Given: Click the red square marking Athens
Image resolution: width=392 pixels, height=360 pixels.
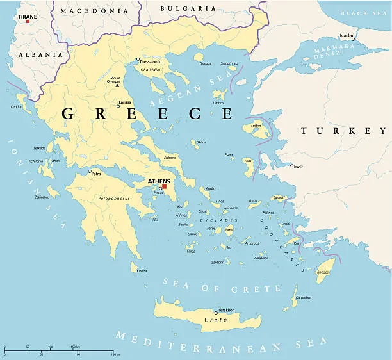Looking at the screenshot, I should (x=163, y=186).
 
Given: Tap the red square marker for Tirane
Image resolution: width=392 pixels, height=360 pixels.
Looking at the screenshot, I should (x=28, y=21).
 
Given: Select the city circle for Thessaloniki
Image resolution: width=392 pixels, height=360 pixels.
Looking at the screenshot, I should (x=137, y=61).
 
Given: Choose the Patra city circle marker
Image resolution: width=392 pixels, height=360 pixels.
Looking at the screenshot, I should (x=90, y=172).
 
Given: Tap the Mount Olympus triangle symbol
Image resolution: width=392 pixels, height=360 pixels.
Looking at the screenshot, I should (x=126, y=85).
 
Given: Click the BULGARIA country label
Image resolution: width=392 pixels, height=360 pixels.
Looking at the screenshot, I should (x=179, y=8).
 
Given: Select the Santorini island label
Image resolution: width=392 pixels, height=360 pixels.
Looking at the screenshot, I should (x=218, y=262).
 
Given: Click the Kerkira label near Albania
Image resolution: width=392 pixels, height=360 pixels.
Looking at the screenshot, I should (x=17, y=106).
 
